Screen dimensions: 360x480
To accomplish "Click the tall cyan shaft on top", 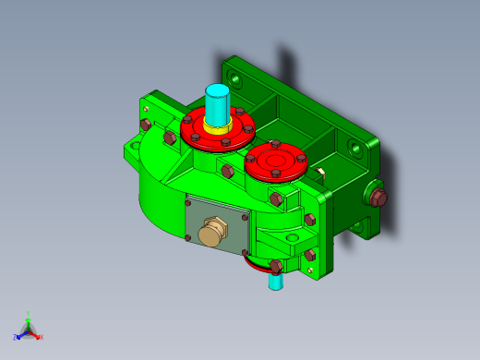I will click(x=217, y=104).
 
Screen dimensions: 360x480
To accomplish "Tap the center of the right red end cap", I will click(x=275, y=161).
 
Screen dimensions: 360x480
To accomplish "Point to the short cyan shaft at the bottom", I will click(x=275, y=280).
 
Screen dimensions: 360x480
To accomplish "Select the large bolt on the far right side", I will click(x=377, y=197).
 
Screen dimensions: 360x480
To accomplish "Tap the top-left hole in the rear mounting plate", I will click(x=239, y=81).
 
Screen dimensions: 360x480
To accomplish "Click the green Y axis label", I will click(x=29, y=313).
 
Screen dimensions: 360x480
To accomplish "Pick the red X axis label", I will click(x=41, y=338).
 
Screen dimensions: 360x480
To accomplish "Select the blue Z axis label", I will click(x=16, y=335).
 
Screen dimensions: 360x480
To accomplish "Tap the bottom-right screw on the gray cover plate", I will click(x=245, y=251).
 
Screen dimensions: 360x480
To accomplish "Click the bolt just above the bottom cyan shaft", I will click(x=276, y=266).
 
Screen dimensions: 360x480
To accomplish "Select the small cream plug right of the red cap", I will click(x=319, y=171).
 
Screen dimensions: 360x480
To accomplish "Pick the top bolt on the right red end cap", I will click(x=275, y=144).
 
